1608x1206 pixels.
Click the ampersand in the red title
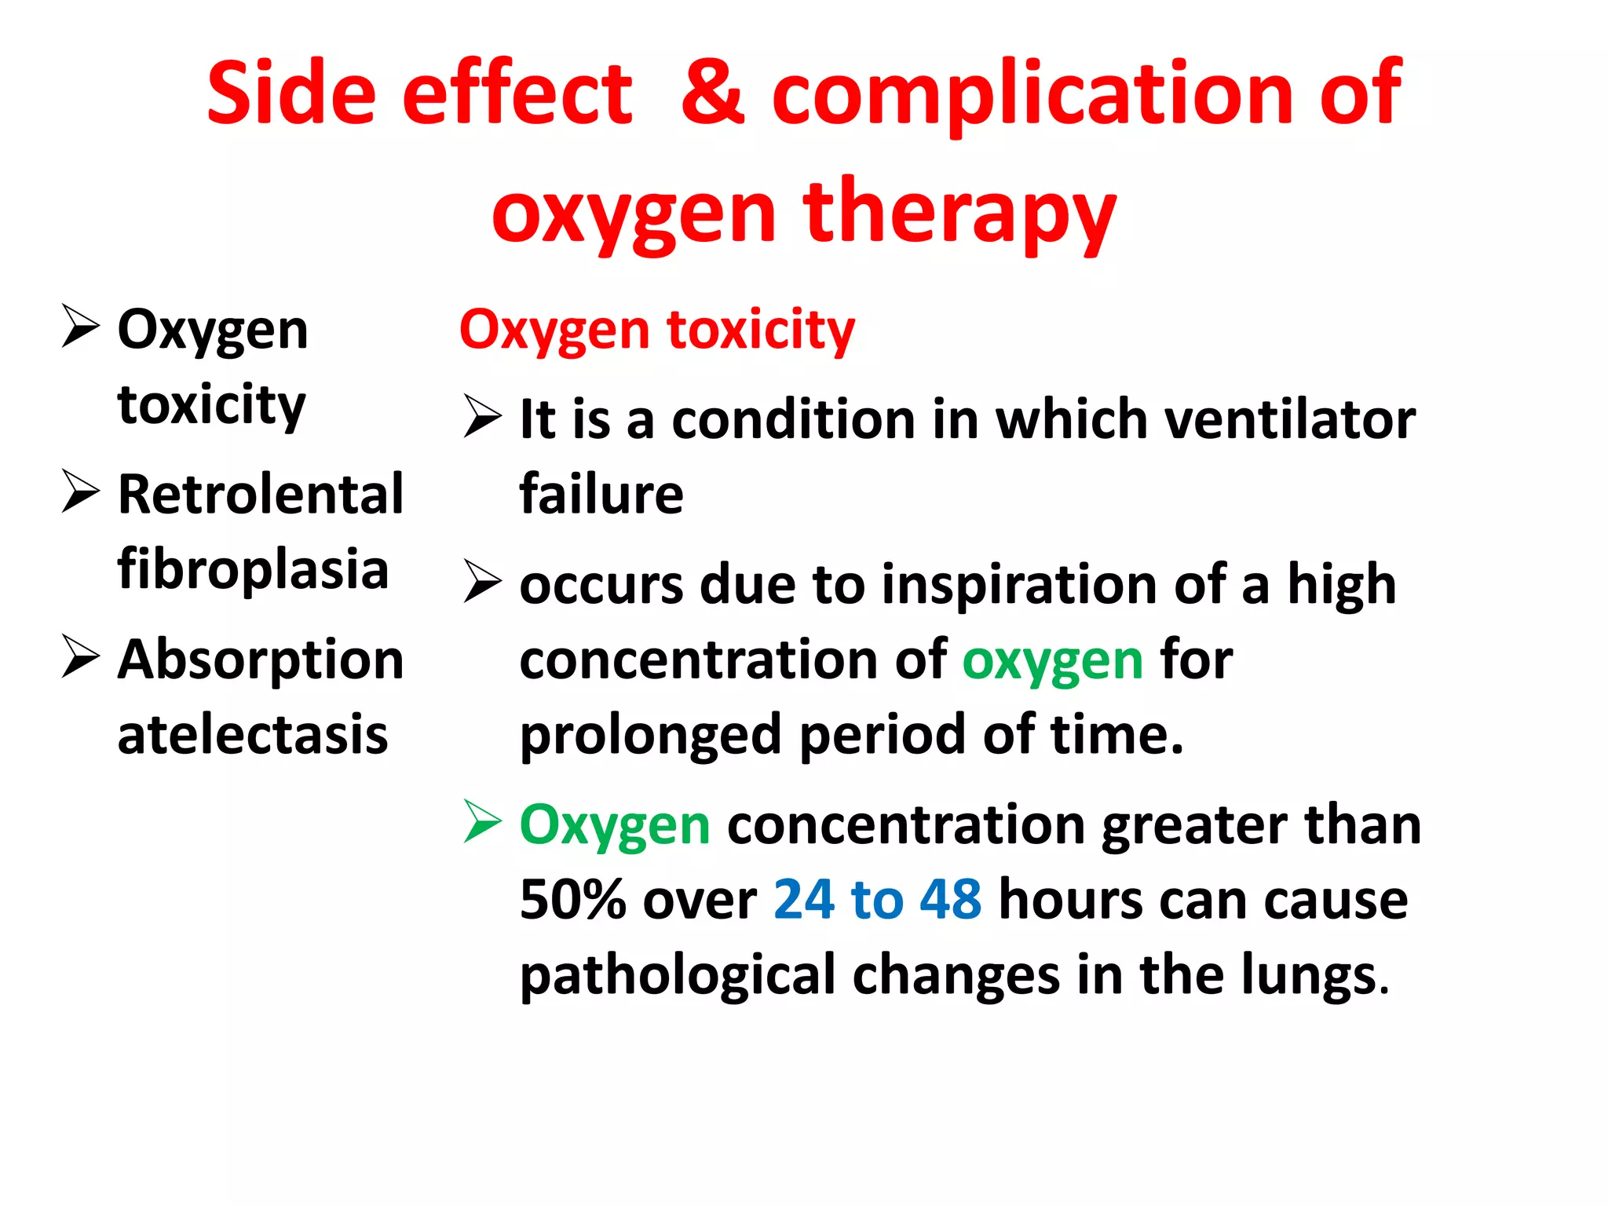[712, 94]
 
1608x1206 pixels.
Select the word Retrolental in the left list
[261, 495]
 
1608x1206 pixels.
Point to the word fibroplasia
[253, 569]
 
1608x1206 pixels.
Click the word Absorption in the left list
[261, 660]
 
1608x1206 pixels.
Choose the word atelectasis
[253, 735]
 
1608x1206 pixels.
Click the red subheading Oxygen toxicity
[657, 330]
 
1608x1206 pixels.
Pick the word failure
[601, 495]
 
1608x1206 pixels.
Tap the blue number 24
[804, 900]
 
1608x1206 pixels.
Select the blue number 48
[950, 900]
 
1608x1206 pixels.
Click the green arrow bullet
[482, 821]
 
